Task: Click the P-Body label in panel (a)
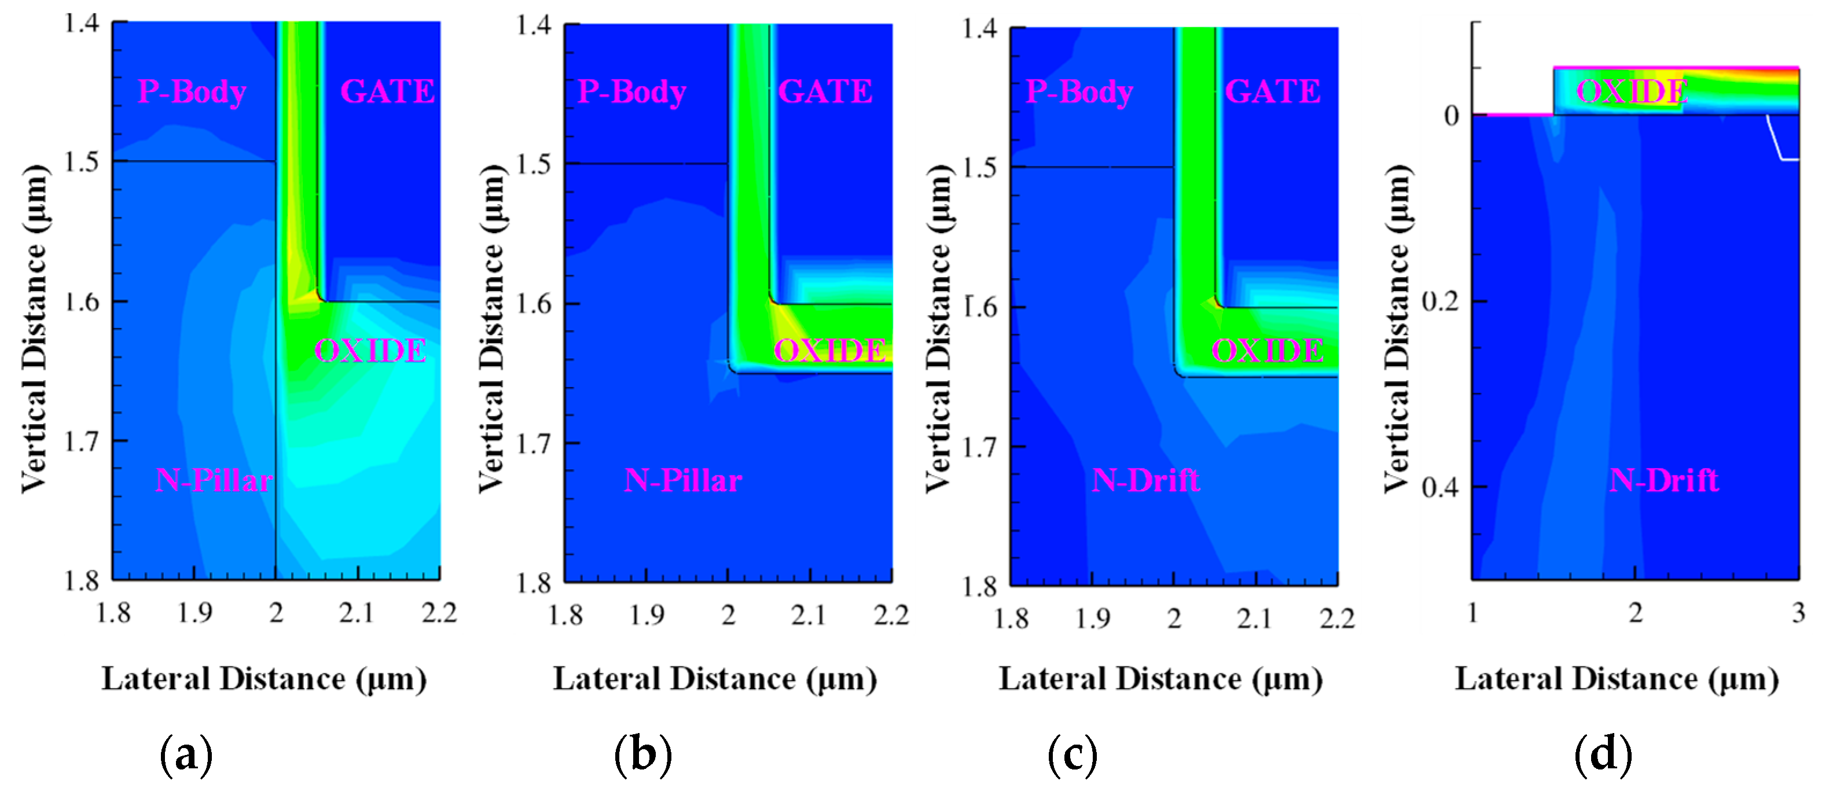point(192,91)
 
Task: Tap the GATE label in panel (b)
point(825,91)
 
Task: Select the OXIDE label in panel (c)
point(1268,351)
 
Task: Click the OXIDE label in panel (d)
point(1632,91)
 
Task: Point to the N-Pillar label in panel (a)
point(214,481)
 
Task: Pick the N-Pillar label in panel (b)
point(683,481)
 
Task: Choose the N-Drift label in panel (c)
point(1146,481)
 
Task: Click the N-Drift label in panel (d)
point(1663,481)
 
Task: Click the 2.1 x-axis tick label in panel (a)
point(357,613)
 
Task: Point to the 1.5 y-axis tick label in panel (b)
point(534,164)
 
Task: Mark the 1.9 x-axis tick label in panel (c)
point(1093,618)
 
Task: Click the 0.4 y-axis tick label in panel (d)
point(1441,488)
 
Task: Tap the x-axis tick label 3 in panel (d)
point(1798,613)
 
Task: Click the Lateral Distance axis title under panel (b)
point(715,679)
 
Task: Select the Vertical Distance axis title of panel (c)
point(939,328)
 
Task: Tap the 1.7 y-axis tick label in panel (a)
point(82,441)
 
